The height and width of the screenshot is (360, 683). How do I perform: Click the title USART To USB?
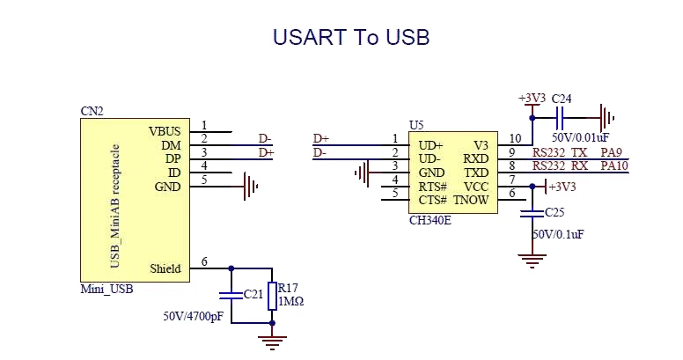pyautogui.click(x=350, y=37)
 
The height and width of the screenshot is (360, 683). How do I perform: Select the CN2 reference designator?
pyautogui.click(x=92, y=112)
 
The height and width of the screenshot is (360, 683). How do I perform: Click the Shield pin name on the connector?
pyautogui.click(x=165, y=268)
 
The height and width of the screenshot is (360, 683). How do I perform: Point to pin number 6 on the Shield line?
pyautogui.click(x=204, y=262)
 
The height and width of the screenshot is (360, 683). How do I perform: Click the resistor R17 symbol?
pyautogui.click(x=272, y=294)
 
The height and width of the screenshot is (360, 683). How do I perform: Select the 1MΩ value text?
pyautogui.click(x=291, y=301)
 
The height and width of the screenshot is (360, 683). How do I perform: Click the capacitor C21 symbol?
pyautogui.click(x=231, y=294)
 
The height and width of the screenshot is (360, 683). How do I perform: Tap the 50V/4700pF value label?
pyautogui.click(x=194, y=315)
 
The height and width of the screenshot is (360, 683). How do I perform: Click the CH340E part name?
pyautogui.click(x=430, y=220)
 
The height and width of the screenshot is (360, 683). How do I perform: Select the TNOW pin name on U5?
pyautogui.click(x=471, y=201)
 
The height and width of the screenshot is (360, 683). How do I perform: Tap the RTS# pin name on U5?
pyautogui.click(x=432, y=187)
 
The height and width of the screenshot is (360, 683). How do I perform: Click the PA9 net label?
pyautogui.click(x=611, y=152)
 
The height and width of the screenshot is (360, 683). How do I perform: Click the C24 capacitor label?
pyautogui.click(x=561, y=99)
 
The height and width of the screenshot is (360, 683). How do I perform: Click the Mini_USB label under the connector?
pyautogui.click(x=106, y=288)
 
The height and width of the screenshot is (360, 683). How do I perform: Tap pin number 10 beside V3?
pyautogui.click(x=515, y=138)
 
